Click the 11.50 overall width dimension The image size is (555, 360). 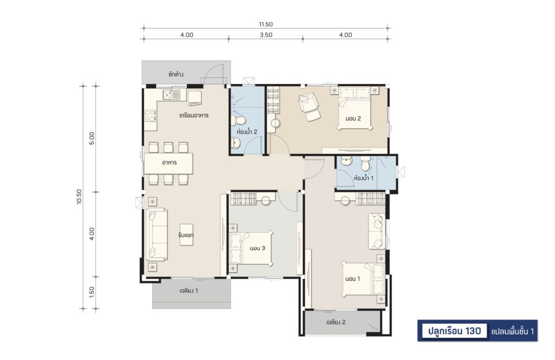click(x=266, y=24)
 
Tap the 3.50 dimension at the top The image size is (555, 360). click(x=266, y=35)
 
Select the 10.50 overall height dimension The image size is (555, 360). click(x=79, y=197)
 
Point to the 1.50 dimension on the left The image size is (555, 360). click(x=92, y=292)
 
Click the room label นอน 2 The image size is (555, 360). click(x=353, y=119)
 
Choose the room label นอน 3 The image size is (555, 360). click(x=257, y=248)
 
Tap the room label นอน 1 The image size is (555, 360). click(x=352, y=279)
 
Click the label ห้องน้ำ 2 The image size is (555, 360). click(x=247, y=132)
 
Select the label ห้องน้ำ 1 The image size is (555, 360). click(x=364, y=178)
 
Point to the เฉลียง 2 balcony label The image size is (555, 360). click(x=336, y=322)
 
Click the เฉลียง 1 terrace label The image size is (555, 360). click(x=189, y=291)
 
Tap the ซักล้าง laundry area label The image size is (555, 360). click(x=176, y=74)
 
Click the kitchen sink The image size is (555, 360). click(x=171, y=94)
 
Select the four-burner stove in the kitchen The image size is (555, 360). click(x=150, y=115)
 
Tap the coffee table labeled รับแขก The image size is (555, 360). click(x=186, y=235)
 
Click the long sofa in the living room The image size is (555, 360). click(x=157, y=234)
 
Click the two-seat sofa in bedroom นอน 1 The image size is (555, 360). click(x=376, y=231)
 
